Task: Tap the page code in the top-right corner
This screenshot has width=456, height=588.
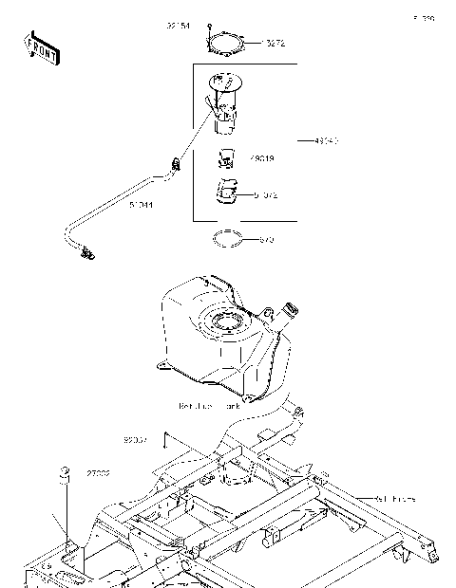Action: point(423,18)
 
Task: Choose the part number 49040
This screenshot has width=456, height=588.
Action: point(325,140)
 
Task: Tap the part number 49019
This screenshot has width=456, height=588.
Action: point(263,159)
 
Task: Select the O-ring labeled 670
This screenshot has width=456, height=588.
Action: point(228,238)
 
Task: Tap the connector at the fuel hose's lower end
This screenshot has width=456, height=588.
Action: point(88,252)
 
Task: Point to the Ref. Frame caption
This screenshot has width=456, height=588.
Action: point(393,497)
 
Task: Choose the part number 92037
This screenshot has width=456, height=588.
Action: point(136,440)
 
